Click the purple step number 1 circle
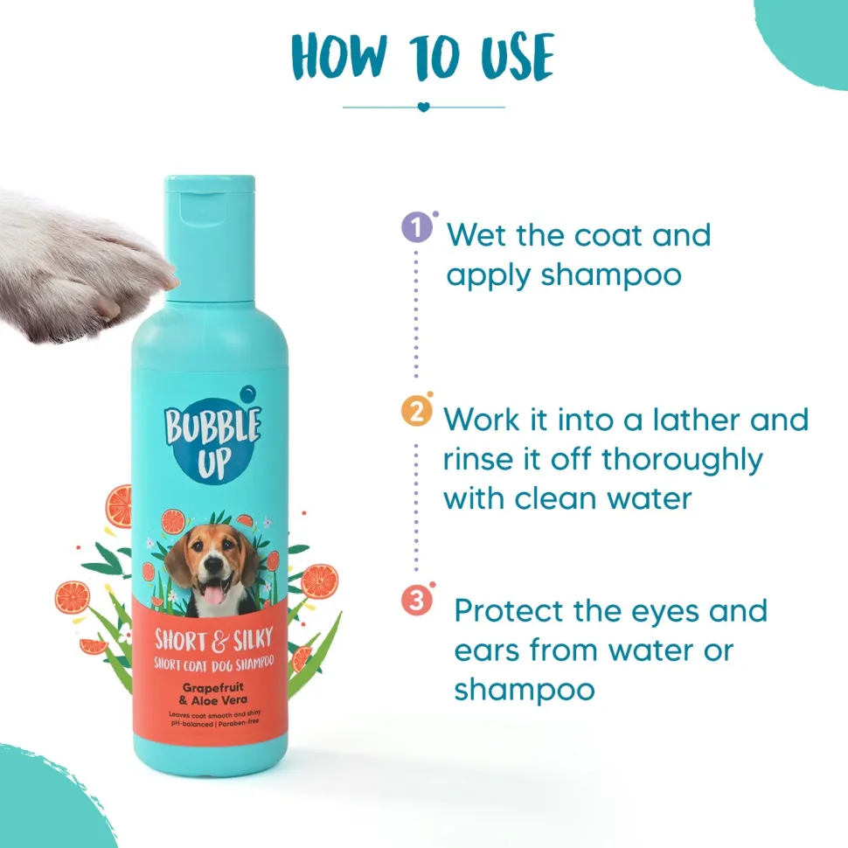[416, 227]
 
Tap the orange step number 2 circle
[416, 412]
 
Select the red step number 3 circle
[416, 601]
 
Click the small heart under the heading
[423, 107]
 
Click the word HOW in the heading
[339, 57]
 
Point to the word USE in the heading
[517, 57]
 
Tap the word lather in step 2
[696, 420]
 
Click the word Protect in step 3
[509, 610]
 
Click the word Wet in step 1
[477, 235]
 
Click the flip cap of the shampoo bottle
[210, 238]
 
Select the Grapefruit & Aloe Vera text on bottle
[213, 694]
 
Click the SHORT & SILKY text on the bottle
[213, 639]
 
